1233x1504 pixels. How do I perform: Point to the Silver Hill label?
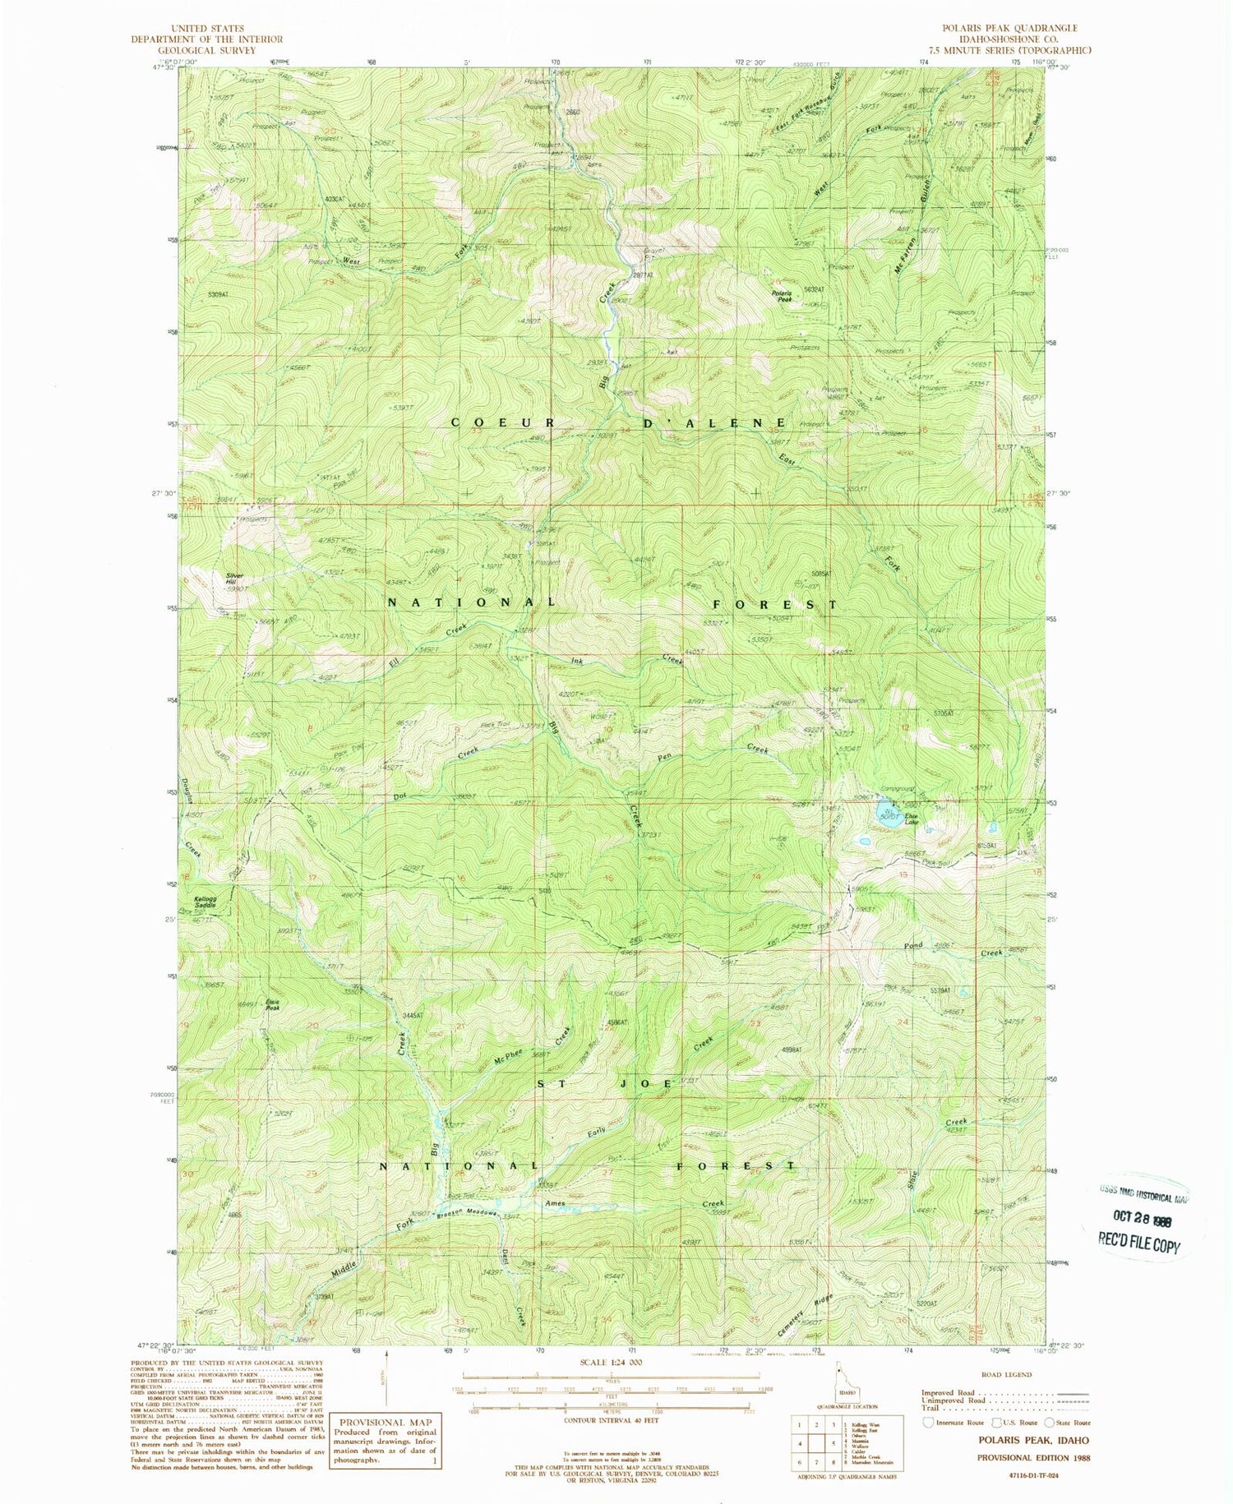tap(237, 579)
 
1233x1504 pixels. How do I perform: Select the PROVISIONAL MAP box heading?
tap(372, 1423)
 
